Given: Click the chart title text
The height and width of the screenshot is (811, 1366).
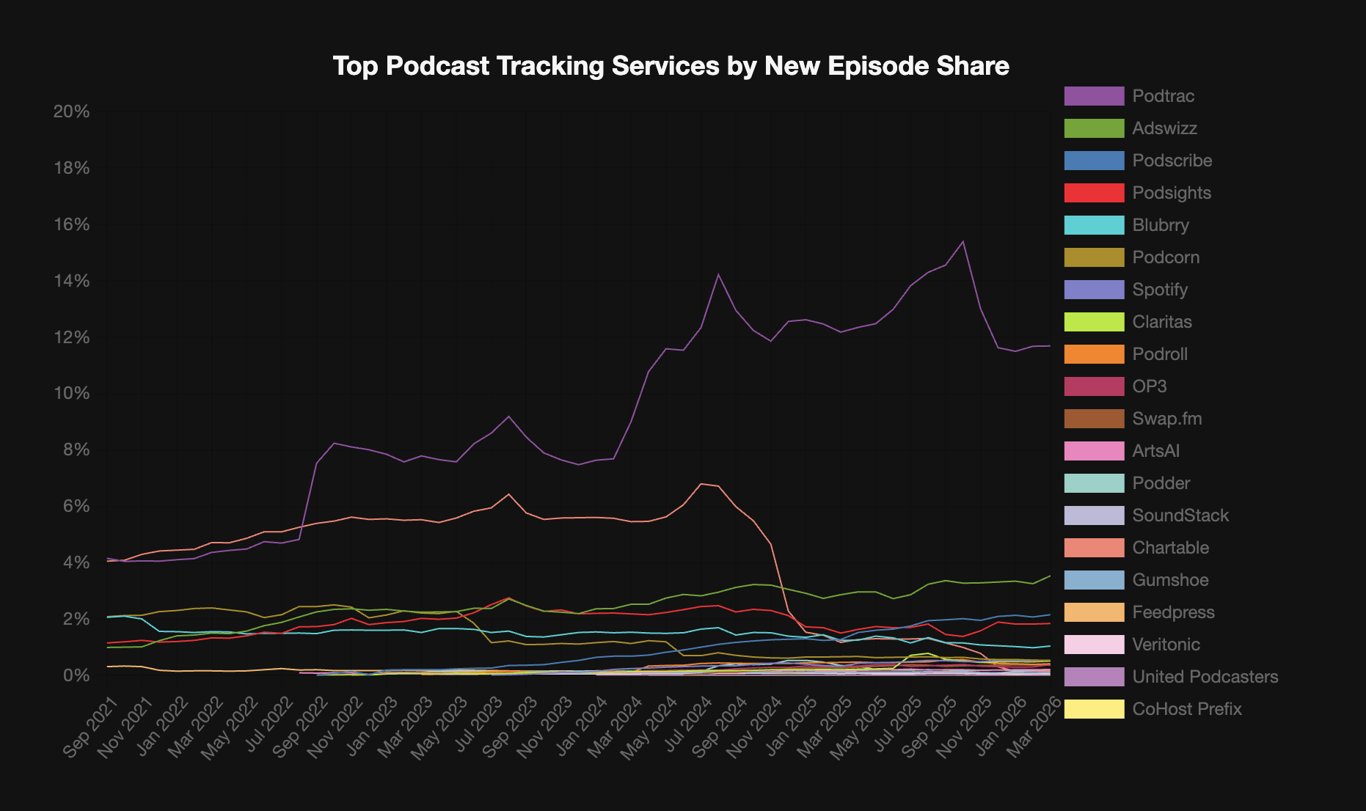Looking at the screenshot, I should [x=671, y=66].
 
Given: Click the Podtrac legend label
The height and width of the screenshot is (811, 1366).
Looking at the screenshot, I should [x=1163, y=96].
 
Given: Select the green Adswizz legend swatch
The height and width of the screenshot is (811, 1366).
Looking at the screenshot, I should [x=1094, y=128].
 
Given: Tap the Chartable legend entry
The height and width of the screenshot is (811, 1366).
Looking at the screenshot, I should [x=1170, y=548].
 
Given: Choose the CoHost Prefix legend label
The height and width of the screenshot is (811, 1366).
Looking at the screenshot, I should [x=1186, y=709].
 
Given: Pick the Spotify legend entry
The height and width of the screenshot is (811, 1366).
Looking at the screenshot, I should [x=1159, y=290].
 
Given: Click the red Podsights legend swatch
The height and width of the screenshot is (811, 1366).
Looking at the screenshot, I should [x=1094, y=193].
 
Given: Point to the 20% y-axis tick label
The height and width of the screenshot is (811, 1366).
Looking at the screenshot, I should [x=71, y=111].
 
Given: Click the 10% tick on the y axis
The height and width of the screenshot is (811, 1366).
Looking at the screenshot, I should [x=71, y=394].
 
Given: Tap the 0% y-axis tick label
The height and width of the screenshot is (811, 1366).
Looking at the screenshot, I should [x=76, y=675].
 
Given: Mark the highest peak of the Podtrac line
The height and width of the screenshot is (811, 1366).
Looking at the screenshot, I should [x=963, y=241].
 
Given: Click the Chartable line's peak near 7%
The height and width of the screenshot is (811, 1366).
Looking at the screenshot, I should [x=701, y=483].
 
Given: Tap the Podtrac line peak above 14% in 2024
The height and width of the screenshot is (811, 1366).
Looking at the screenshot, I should [x=718, y=274].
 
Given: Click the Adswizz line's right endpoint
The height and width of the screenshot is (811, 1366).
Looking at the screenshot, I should [x=1050, y=576].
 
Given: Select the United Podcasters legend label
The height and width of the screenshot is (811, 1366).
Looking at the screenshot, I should [x=1205, y=677].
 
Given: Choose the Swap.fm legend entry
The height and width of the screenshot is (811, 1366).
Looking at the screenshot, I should [x=1166, y=419].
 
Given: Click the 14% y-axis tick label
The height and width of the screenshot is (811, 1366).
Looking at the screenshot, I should [x=71, y=281].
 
